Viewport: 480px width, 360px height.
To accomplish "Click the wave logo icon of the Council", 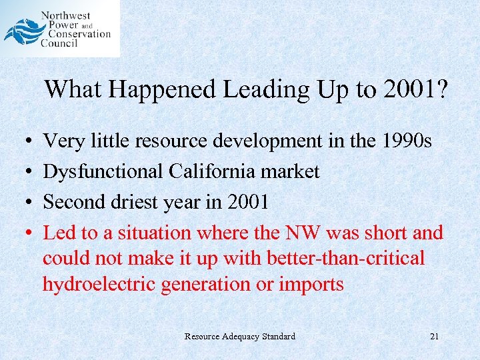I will click(x=24, y=31).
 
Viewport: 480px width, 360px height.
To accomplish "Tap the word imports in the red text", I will click(x=311, y=284).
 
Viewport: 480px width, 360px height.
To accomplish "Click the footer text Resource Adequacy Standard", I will click(x=240, y=336).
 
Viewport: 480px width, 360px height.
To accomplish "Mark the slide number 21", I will click(x=434, y=336).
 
